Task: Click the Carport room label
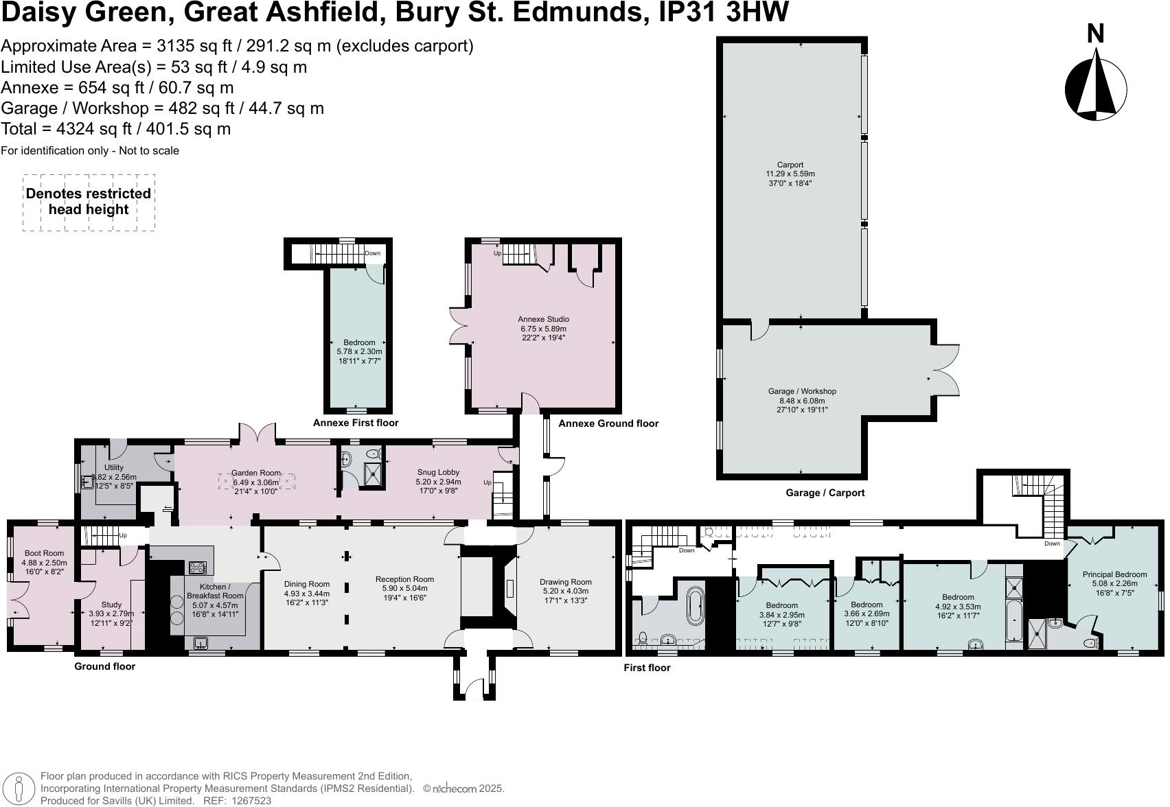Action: tap(790, 165)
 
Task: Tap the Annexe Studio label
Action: tap(543, 319)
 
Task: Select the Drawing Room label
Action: tap(565, 582)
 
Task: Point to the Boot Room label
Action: tap(44, 553)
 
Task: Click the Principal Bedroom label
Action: tap(1114, 574)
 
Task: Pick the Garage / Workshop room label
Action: tap(802, 392)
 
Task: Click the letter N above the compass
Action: tap(1096, 34)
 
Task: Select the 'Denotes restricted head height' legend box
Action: tap(89, 202)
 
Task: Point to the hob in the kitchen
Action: tap(198, 568)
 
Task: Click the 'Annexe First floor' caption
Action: tap(356, 423)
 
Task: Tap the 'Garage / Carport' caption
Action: tap(825, 493)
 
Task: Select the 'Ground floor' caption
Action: tap(104, 666)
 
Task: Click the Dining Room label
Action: tap(307, 585)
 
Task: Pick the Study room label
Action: tap(111, 605)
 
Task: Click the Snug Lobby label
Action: tap(438, 472)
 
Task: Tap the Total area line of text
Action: tap(116, 129)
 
